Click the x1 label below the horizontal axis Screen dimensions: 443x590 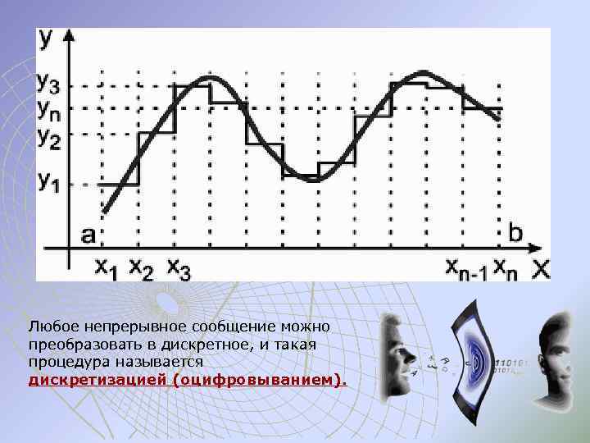[x=106, y=267]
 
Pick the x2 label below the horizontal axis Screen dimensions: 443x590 [x=141, y=267]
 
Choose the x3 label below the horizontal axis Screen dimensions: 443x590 [x=179, y=267]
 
